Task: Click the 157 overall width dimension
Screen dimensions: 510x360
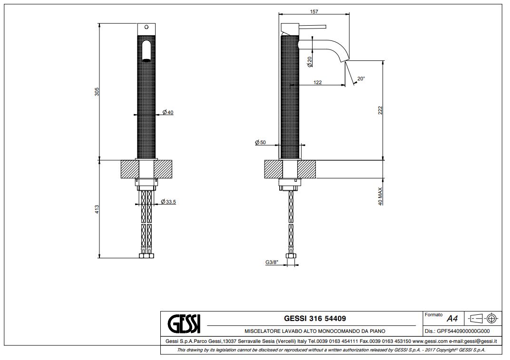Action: [314, 11]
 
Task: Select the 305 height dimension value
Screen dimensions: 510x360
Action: [97, 92]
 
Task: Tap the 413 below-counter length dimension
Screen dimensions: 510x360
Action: [97, 209]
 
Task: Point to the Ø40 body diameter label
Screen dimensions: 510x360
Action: [168, 113]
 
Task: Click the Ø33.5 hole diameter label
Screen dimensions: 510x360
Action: [168, 202]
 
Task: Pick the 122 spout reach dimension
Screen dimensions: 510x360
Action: [317, 82]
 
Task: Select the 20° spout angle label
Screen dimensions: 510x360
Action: [361, 78]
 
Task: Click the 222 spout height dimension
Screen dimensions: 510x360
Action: [380, 110]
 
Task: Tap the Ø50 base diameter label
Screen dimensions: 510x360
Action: [261, 143]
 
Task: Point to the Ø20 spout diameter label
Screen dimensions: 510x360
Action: [310, 61]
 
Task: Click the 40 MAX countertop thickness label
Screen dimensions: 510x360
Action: [380, 196]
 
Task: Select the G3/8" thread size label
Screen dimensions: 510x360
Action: [272, 262]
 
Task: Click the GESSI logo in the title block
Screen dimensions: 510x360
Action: [184, 324]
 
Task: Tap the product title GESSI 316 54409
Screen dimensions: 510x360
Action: [315, 318]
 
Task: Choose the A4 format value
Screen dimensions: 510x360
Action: [452, 318]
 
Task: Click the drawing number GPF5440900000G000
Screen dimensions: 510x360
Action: [463, 331]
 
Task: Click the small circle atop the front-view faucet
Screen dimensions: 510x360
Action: [146, 27]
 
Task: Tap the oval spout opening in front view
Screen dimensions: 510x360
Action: [147, 51]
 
